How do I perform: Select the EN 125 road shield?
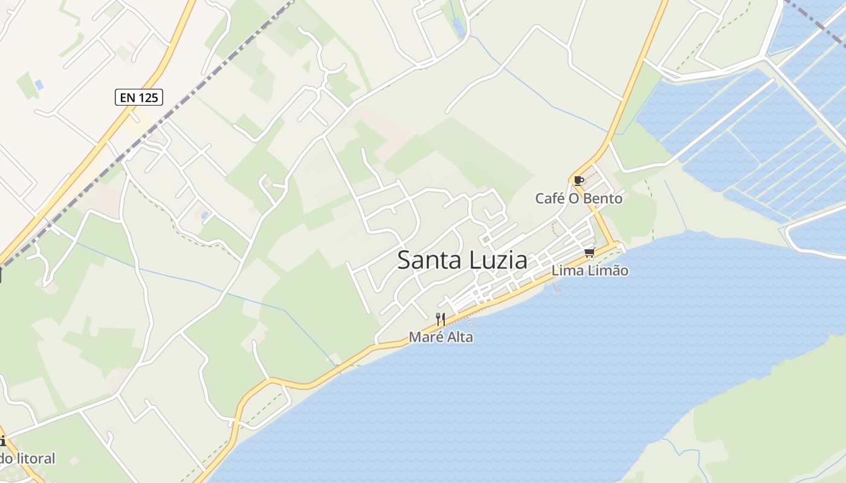[x=139, y=97]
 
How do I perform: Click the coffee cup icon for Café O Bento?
[x=578, y=180]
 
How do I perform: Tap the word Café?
[x=550, y=198]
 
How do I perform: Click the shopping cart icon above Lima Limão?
[x=589, y=252]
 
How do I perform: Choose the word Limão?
[x=609, y=270]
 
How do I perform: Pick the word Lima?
[x=567, y=270]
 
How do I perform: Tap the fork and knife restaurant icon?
[x=441, y=319]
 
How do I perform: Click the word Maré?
[x=424, y=337]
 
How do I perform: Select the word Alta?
[x=459, y=337]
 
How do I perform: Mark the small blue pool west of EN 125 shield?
[x=39, y=85]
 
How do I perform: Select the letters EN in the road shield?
[x=126, y=97]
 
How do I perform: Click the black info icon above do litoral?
[x=2, y=441]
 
